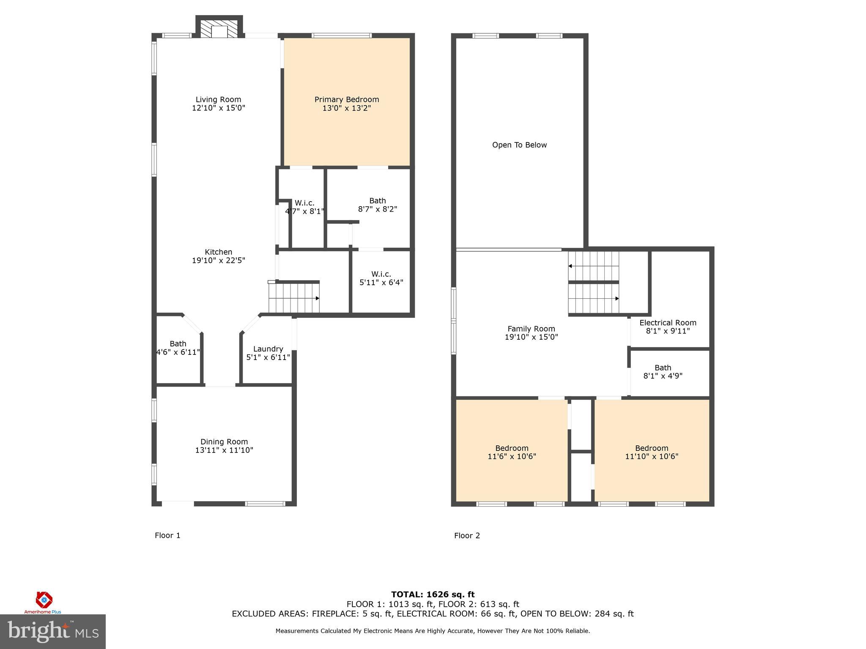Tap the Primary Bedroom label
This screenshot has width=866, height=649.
[346, 100]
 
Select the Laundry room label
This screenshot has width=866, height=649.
[268, 349]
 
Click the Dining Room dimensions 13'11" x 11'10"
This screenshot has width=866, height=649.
[224, 450]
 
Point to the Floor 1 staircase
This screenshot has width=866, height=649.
[293, 297]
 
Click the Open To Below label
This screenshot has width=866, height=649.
[519, 145]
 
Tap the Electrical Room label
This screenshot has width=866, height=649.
[667, 323]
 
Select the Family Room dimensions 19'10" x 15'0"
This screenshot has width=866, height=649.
[531, 337]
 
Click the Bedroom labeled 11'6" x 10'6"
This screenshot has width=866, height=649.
[512, 452]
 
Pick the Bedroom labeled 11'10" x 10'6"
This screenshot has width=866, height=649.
[651, 452]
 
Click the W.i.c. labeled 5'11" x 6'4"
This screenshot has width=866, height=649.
[381, 278]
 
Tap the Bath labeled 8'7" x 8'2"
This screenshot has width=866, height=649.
[377, 205]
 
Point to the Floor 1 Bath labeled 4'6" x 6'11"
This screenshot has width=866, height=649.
[178, 348]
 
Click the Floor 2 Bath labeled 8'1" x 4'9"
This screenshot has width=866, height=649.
[663, 372]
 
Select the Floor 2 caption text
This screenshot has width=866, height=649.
[467, 536]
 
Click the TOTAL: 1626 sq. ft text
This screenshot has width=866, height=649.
[433, 594]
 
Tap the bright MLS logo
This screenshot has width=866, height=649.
[53, 631]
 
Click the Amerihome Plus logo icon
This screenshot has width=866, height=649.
[44, 600]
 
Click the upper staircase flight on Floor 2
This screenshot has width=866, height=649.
[593, 266]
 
